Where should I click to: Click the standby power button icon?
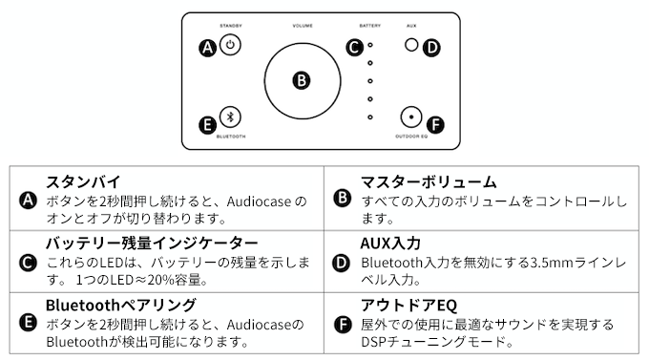230,45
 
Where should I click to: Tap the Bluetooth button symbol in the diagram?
230,117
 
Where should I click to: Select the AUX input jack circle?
411,44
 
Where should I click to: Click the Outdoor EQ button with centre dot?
411,116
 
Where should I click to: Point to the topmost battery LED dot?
370,45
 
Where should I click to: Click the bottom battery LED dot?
370,117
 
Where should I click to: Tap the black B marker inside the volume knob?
302,80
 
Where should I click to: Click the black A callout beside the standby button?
208,48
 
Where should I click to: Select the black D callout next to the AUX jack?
431,48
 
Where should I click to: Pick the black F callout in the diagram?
435,125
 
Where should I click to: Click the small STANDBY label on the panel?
231,26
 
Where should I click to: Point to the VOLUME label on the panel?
303,26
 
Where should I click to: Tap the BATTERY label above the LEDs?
370,26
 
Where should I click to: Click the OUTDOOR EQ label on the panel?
411,137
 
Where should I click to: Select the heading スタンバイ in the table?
83,181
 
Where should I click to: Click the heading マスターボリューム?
429,181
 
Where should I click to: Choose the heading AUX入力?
390,244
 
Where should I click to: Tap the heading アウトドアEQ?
408,306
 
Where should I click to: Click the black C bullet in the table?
28,263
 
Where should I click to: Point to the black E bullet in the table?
28,323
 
